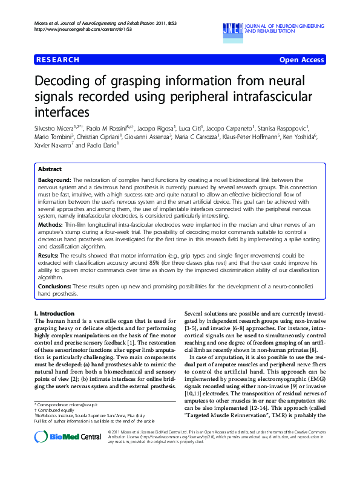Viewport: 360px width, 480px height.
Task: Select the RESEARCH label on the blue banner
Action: pyautogui.click(x=57, y=60)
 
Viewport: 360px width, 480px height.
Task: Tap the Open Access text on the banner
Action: pyautogui.click(x=301, y=60)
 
